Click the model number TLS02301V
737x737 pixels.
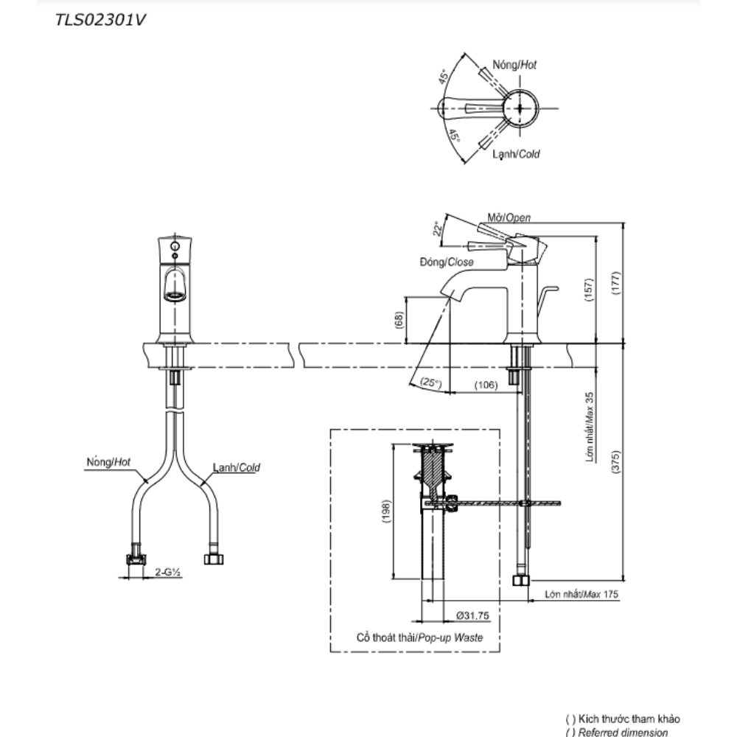point(100,20)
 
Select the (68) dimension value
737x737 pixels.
point(399,320)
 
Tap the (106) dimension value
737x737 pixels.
point(486,385)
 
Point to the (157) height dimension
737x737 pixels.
point(589,290)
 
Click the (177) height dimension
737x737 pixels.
point(616,283)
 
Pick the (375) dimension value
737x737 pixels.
point(616,462)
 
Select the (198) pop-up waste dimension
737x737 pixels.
point(386,511)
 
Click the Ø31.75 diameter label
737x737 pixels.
point(472,615)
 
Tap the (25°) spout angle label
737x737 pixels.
point(431,383)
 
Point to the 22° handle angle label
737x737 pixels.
point(438,229)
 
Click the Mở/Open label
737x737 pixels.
point(509,217)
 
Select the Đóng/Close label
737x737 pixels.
point(447,262)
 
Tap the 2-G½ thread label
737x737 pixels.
point(168,572)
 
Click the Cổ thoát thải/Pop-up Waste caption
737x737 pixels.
point(420,638)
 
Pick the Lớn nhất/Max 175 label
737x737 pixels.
point(581,594)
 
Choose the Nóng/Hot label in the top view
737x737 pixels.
point(514,65)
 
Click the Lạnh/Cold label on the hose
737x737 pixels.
point(237,467)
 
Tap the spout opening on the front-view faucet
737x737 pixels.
point(175,296)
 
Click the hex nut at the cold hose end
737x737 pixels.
point(214,559)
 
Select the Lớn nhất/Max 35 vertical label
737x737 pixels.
point(590,427)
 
